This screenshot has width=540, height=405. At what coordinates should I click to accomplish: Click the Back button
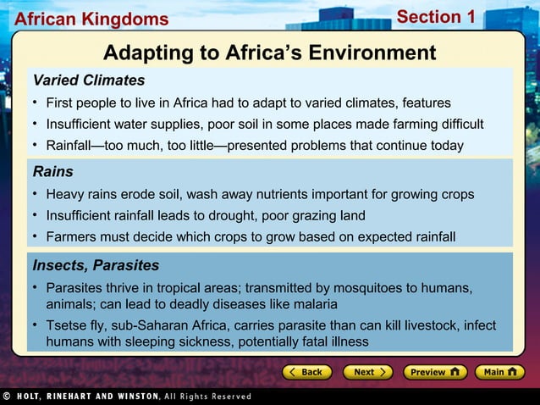[306, 372]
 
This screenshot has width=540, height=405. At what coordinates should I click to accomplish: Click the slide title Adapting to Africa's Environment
[269, 53]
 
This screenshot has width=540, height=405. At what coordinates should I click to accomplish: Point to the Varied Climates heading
[88, 80]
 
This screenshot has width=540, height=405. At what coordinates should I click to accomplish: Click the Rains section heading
[52, 172]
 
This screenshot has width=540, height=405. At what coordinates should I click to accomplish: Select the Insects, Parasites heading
[95, 265]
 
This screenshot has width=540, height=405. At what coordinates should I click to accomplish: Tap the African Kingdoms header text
[91, 19]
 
